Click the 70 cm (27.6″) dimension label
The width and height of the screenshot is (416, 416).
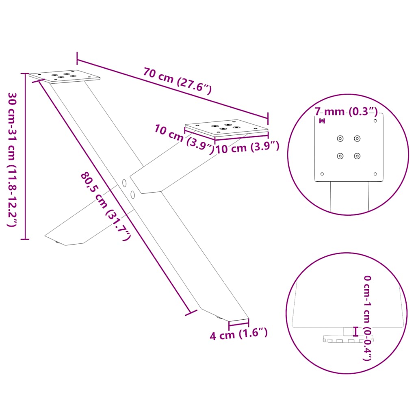click(x=177, y=80)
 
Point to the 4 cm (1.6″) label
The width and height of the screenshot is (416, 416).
click(x=239, y=335)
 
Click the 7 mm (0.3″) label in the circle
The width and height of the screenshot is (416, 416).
click(x=346, y=112)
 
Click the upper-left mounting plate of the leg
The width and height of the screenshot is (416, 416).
click(x=65, y=76)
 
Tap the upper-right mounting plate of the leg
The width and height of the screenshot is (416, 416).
click(x=226, y=128)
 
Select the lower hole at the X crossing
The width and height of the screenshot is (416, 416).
click(x=133, y=195)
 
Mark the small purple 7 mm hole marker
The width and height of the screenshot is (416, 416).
click(x=322, y=121)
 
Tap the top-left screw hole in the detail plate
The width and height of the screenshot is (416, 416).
click(x=340, y=139)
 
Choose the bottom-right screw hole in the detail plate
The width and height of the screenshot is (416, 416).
click(x=357, y=156)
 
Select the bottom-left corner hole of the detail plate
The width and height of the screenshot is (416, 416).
click(x=322, y=174)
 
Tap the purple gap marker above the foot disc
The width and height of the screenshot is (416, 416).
click(x=356, y=331)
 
